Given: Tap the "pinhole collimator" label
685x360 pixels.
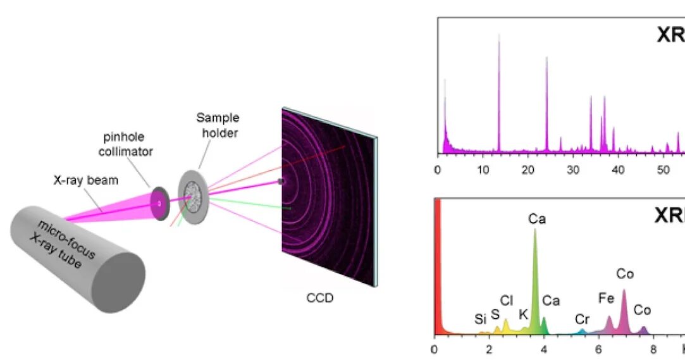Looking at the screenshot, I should tap(129, 144).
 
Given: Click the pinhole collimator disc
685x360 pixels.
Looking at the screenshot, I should tap(161, 203).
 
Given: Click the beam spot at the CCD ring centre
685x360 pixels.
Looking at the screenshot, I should tap(281, 182).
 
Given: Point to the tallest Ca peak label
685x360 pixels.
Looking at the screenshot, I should tap(536, 219).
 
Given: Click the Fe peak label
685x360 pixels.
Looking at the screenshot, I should tap(606, 298).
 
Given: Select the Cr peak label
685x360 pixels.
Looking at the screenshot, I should tap(583, 320).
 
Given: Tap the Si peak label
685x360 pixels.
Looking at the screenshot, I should tap(481, 320).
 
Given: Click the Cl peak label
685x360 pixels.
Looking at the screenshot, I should tap(507, 300).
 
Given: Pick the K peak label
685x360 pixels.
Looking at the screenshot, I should tap(523, 314).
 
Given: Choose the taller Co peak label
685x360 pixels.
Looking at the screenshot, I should tap(624, 274).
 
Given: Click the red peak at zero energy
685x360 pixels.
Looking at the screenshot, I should tap(436, 266).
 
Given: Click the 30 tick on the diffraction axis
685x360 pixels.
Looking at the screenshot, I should tap(573, 170).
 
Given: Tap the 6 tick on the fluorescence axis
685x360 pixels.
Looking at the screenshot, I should tap(599, 349).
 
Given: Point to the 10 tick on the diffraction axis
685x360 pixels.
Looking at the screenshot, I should tap(483, 170).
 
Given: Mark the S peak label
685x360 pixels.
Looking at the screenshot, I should tap(495, 314).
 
